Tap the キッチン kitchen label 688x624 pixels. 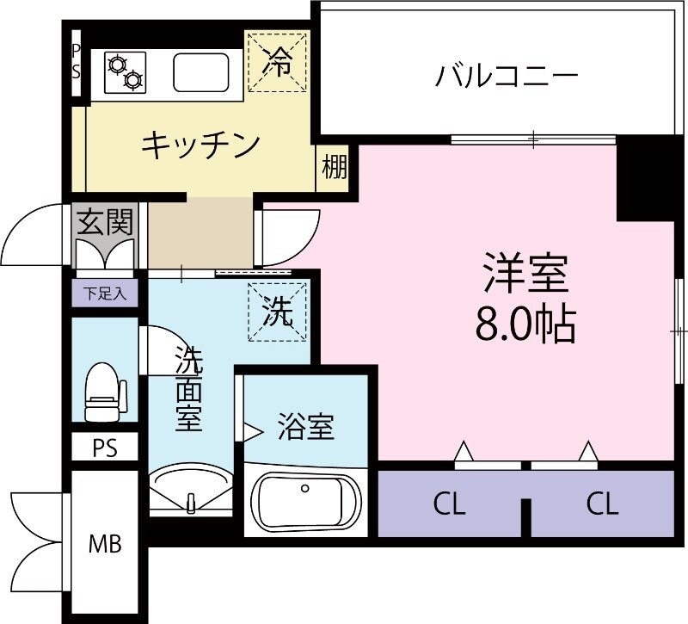click(x=200, y=144)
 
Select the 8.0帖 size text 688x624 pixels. click(x=524, y=325)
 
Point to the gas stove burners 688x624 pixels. click(x=124, y=71)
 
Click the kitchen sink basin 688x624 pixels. click(x=202, y=71)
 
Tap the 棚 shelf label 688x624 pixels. click(x=335, y=167)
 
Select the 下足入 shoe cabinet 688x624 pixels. click(x=105, y=293)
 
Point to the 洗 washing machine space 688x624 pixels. click(x=276, y=312)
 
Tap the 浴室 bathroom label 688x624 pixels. click(x=305, y=426)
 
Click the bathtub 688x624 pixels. click(x=304, y=507)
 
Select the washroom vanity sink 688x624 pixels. click(x=191, y=488)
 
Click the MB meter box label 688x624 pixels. click(x=107, y=543)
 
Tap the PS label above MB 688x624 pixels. click(x=105, y=448)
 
